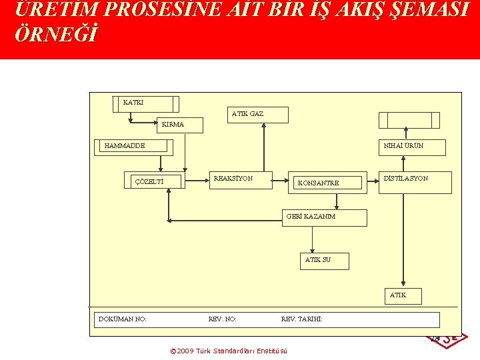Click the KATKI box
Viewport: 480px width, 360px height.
(x=146, y=104)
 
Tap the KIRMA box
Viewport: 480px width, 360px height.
(x=178, y=125)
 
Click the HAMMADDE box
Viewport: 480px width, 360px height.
(x=136, y=147)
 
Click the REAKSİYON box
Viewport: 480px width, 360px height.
(x=240, y=180)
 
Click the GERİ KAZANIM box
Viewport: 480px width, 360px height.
(x=324, y=218)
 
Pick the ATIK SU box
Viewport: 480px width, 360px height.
(x=324, y=261)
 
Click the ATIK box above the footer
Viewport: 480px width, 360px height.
(x=403, y=296)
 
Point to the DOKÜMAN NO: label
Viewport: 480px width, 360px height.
(x=123, y=319)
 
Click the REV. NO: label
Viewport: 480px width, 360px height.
(x=223, y=319)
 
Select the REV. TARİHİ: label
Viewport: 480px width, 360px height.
(x=302, y=319)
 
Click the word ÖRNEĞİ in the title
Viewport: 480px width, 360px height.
(x=55, y=35)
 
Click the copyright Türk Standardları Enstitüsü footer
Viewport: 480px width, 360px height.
(x=229, y=351)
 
